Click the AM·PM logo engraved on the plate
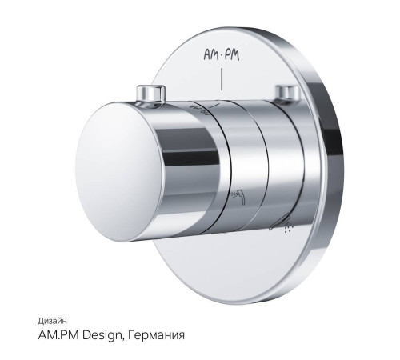[222, 55]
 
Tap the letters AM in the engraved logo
[211, 54]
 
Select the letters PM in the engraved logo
[231, 55]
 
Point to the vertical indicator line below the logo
[222, 79]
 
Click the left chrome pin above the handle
[150, 94]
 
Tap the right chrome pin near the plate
[287, 93]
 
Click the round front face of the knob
[119, 172]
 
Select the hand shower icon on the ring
[238, 197]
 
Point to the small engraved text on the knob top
[198, 110]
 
